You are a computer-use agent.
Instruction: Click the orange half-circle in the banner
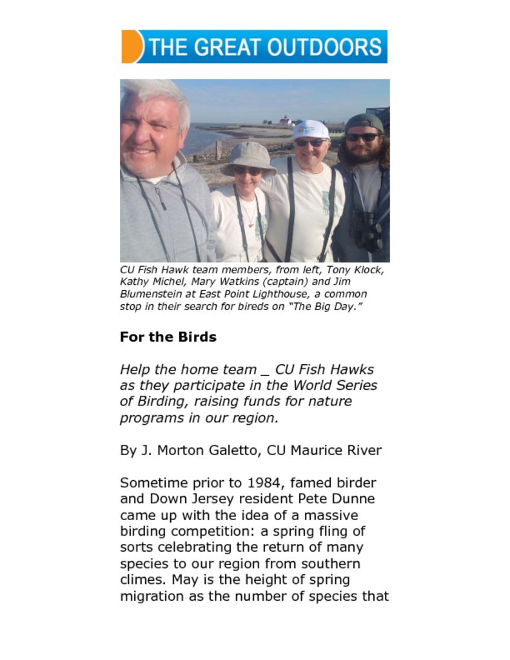[x=131, y=46]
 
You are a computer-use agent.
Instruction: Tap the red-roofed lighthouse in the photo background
[x=284, y=120]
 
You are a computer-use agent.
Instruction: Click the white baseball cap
[x=310, y=130]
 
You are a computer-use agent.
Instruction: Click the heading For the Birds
[x=168, y=337]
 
